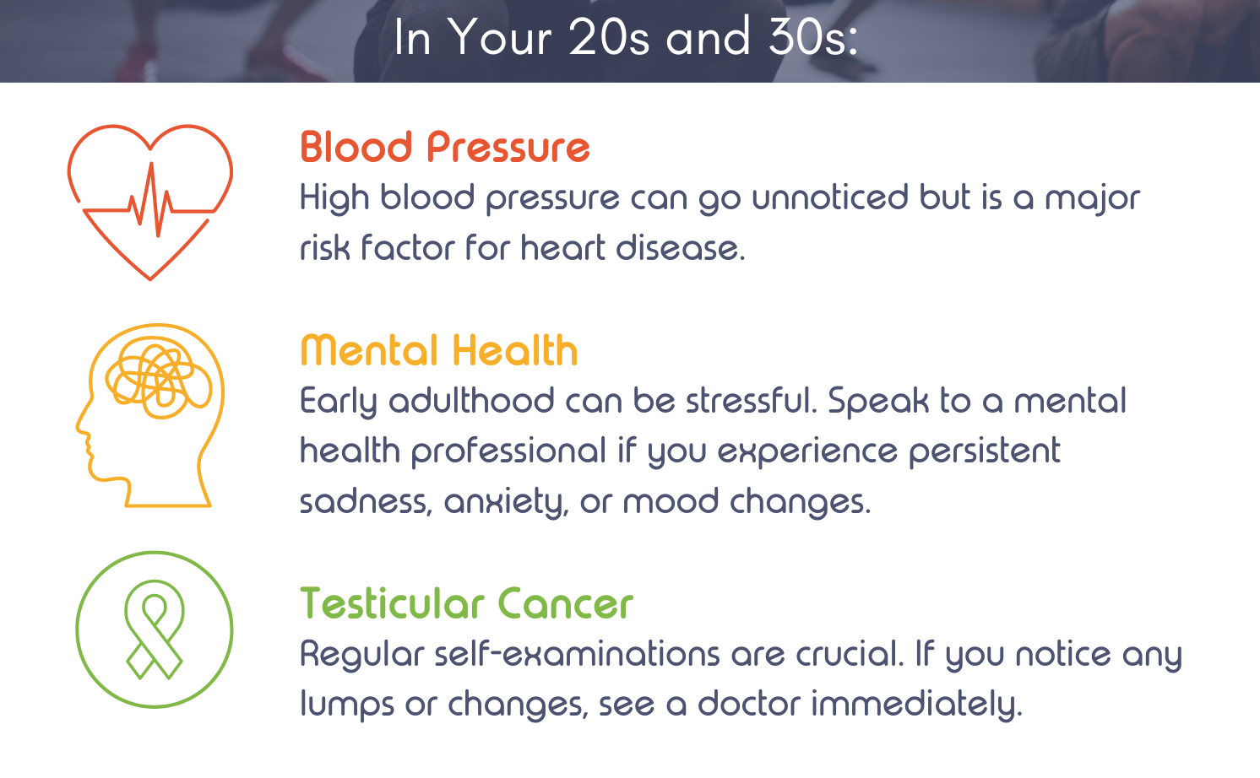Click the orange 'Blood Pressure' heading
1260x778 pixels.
445,148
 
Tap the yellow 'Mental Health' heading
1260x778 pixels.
439,350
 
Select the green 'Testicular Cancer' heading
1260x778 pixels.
466,603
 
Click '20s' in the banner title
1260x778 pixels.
609,37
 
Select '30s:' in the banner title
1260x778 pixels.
813,37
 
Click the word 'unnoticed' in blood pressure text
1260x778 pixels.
829,197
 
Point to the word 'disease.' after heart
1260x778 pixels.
681,248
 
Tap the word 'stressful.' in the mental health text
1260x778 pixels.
752,400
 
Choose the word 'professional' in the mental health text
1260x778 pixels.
508,452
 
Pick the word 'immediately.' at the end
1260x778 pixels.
916,705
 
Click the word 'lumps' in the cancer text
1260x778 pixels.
347,705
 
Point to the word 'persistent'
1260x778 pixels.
985,452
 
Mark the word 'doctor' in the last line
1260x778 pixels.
749,704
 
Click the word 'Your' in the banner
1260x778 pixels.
501,37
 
